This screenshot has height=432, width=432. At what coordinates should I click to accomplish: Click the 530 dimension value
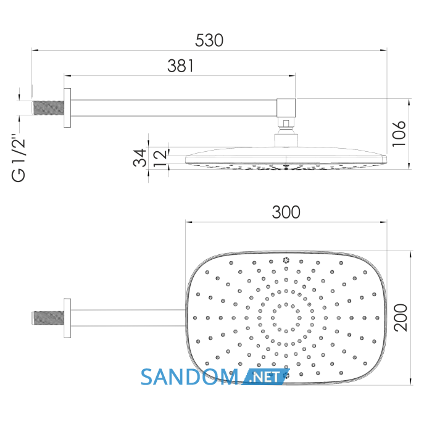[209, 40]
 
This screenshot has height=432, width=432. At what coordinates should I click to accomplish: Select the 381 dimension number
[180, 66]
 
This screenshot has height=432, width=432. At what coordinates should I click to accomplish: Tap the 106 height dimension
[399, 134]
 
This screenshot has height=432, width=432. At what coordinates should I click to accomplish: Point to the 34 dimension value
[139, 157]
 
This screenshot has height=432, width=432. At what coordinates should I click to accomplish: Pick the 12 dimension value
[160, 158]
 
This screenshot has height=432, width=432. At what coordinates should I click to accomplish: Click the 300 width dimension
[286, 212]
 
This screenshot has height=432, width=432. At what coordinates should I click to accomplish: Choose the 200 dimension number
[400, 317]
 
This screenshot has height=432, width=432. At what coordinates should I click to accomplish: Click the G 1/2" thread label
[19, 158]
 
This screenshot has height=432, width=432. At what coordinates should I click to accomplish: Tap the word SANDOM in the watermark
[189, 377]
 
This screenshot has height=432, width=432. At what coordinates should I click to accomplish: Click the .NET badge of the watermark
[265, 377]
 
